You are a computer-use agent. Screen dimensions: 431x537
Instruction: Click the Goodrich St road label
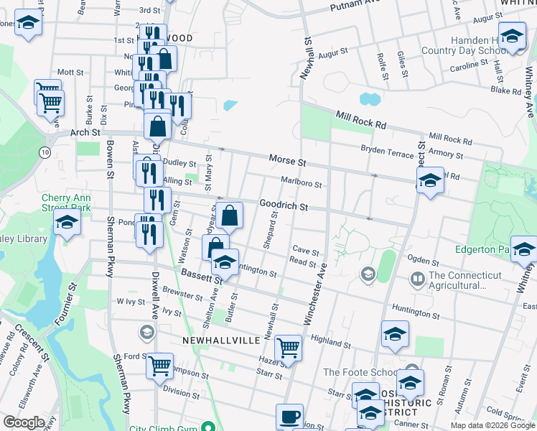click(x=284, y=205)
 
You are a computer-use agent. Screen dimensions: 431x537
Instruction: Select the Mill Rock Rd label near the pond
click(x=360, y=119)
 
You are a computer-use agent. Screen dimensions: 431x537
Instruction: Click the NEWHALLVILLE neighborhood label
click(x=215, y=338)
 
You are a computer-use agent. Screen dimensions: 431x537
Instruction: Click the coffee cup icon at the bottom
click(x=290, y=416)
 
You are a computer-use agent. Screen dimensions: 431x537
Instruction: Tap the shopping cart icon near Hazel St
click(x=288, y=348)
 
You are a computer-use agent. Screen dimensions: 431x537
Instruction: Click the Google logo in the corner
click(x=24, y=422)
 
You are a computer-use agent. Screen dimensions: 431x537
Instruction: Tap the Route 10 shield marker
click(x=45, y=152)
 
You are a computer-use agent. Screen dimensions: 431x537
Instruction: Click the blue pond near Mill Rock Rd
click(x=370, y=98)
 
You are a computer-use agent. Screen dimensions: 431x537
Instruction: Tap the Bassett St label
click(x=196, y=274)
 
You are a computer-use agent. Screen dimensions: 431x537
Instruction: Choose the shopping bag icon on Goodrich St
click(x=230, y=214)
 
